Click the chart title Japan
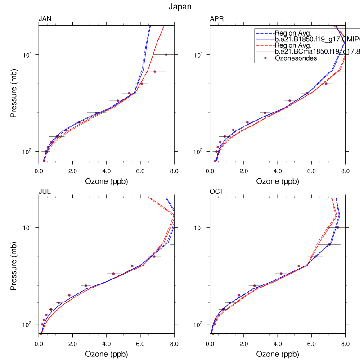(x=180, y=7)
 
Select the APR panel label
(x=217, y=19)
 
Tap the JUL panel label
(x=45, y=191)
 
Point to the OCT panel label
(x=217, y=191)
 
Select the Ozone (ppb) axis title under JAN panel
(x=106, y=182)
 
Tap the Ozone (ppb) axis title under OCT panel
(x=278, y=354)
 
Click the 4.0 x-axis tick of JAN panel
(x=106, y=171)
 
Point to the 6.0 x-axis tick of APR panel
(x=312, y=171)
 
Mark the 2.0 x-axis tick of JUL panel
(x=72, y=343)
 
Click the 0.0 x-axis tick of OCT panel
(x=210, y=343)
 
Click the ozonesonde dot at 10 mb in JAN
(x=166, y=54)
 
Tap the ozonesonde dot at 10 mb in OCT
(x=337, y=227)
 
